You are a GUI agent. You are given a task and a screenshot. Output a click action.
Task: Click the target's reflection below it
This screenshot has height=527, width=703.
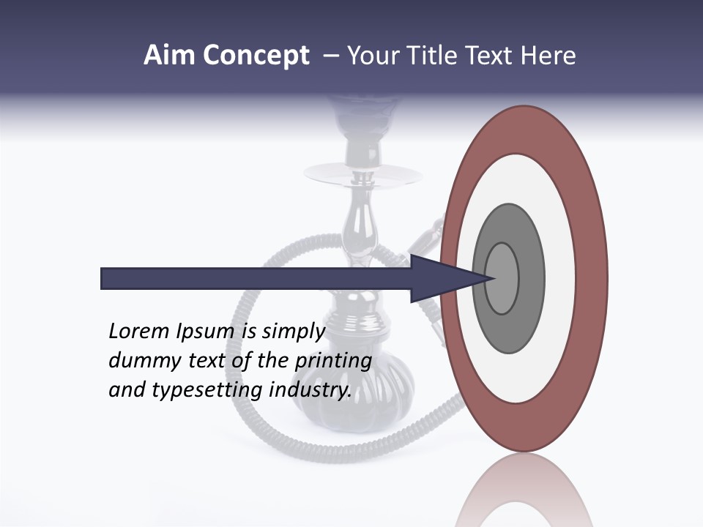tap(524, 490)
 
